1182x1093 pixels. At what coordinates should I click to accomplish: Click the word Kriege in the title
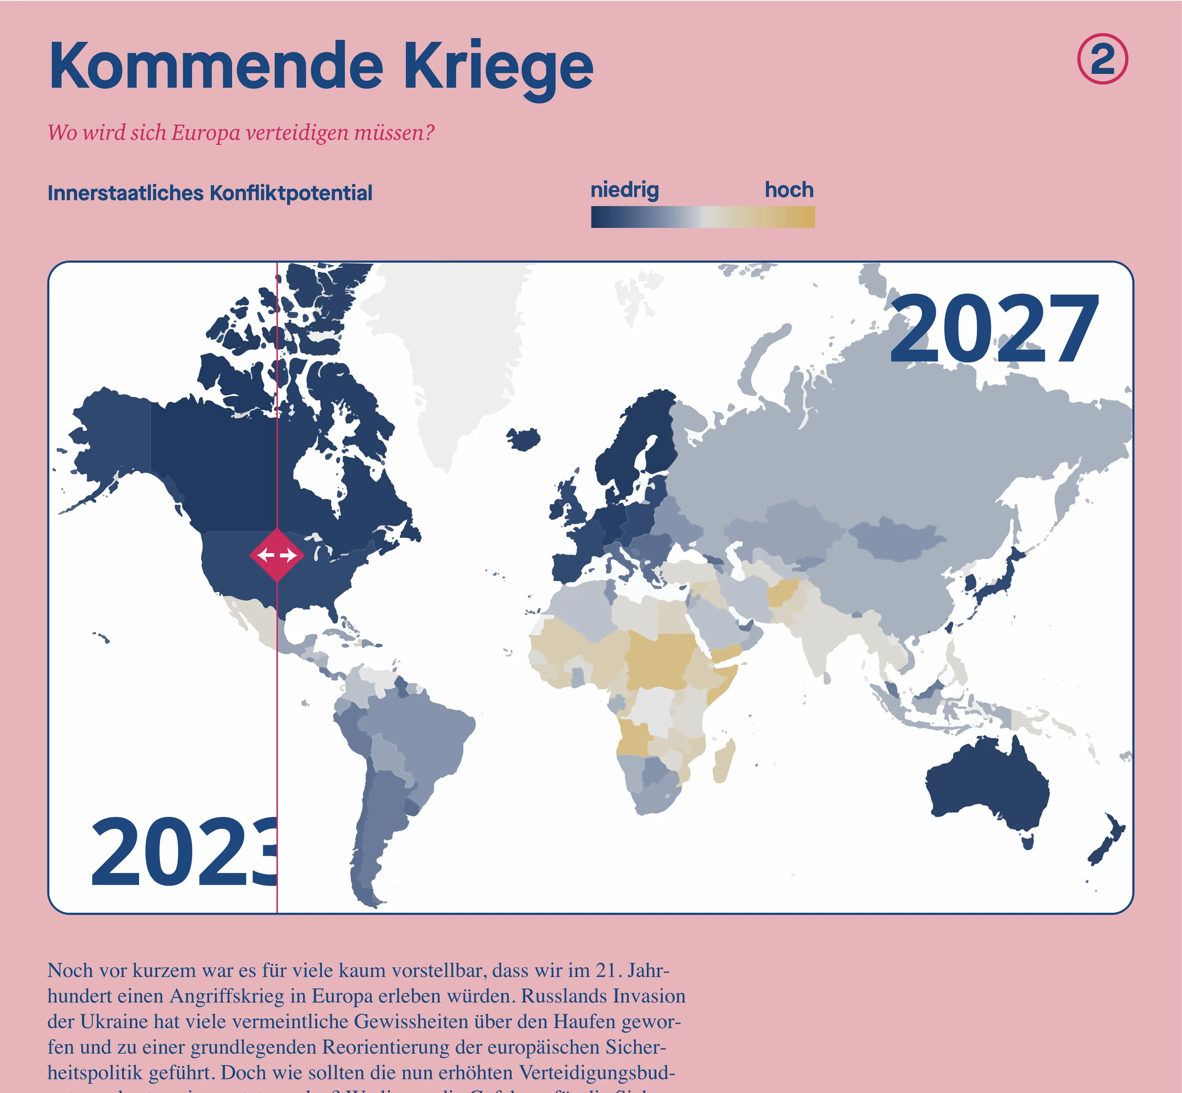(498, 66)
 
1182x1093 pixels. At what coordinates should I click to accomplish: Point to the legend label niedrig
(624, 190)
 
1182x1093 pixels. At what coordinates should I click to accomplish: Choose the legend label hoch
(789, 190)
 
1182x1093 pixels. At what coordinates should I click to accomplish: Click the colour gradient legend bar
(703, 217)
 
